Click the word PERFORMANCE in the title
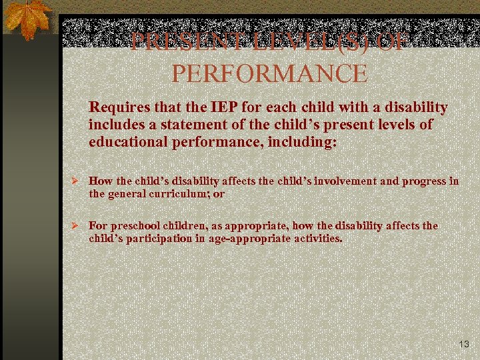pyautogui.click(x=269, y=73)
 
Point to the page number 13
pyautogui.click(x=464, y=344)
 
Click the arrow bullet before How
pyautogui.click(x=77, y=181)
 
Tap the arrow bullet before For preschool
pyautogui.click(x=77, y=225)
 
